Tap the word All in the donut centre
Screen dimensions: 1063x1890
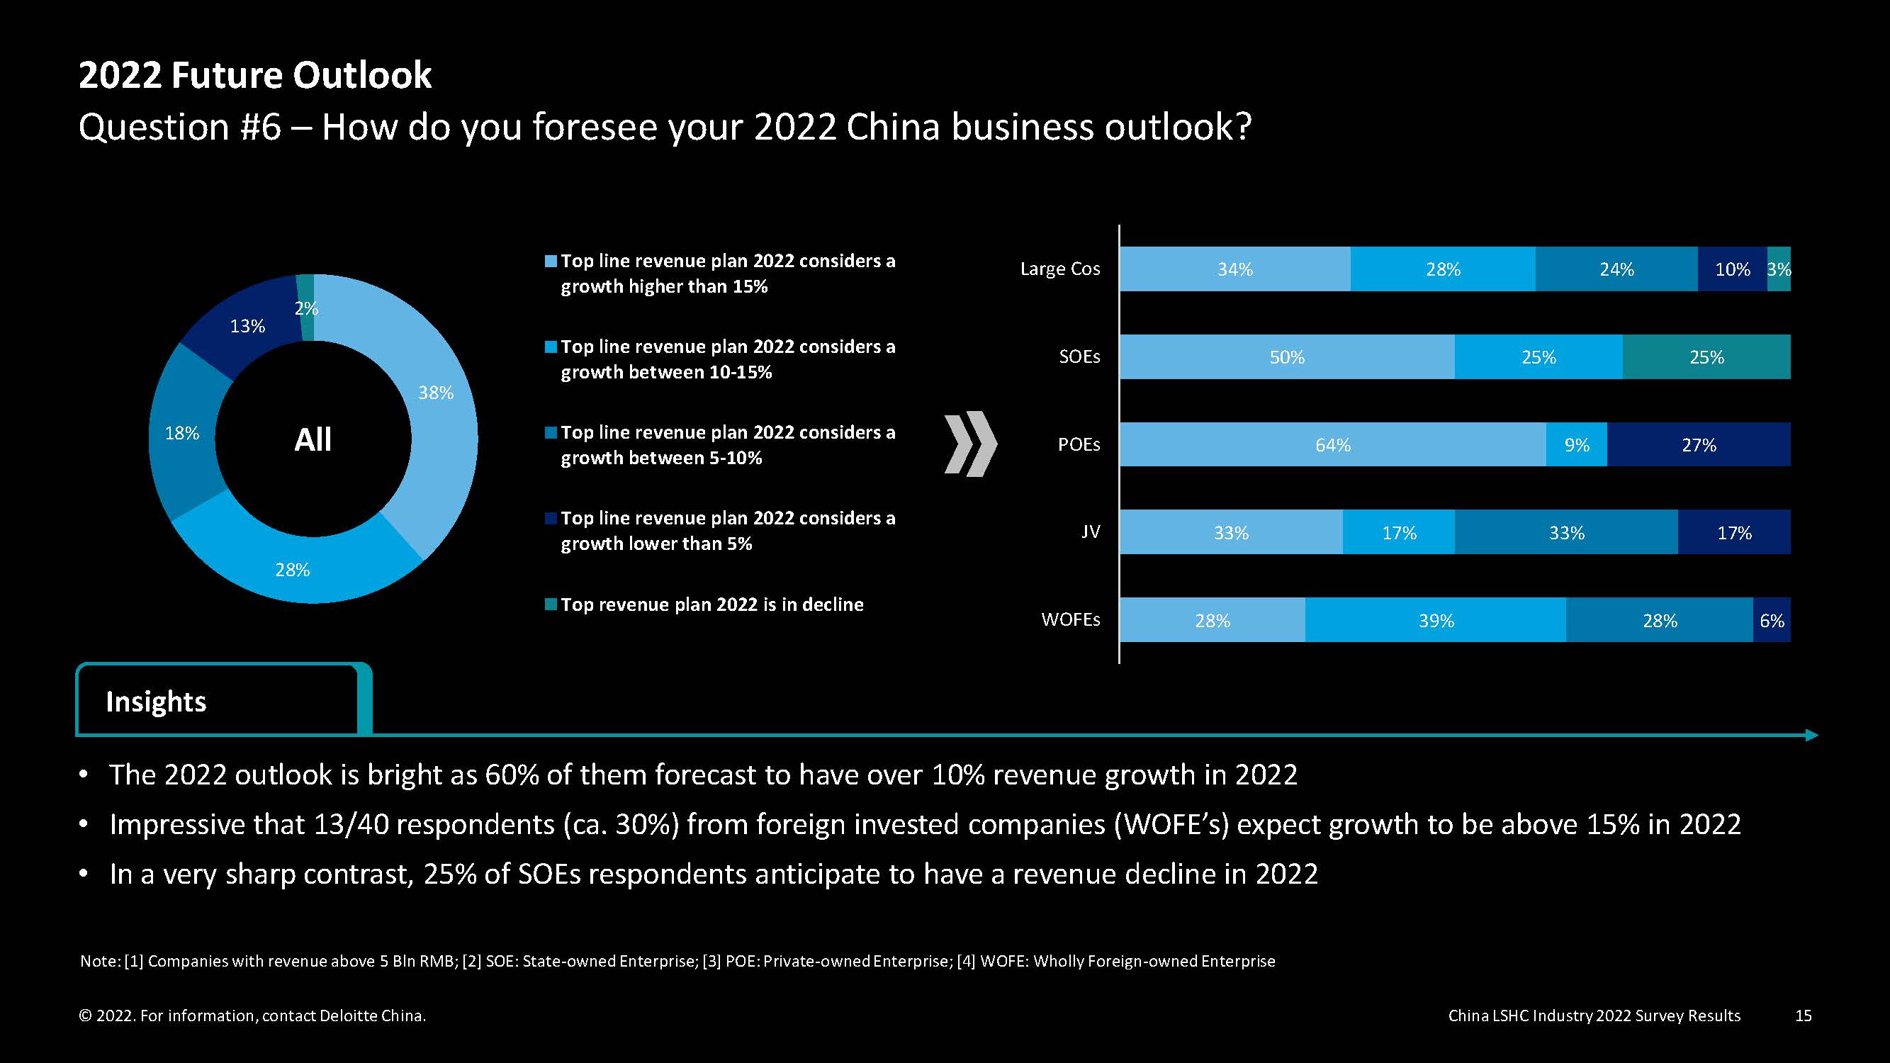pos(313,440)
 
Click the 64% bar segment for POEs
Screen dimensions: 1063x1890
pos(1332,444)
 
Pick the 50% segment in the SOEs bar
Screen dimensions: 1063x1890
pos(1287,357)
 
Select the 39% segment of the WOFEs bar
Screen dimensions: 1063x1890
pos(1436,621)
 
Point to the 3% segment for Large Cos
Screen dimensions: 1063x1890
pos(1779,269)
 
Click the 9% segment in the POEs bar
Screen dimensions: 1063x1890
pos(1576,444)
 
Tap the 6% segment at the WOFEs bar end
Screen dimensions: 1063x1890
pos(1772,621)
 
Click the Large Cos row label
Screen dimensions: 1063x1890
pos(1060,269)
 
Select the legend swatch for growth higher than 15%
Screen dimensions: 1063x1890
pos(551,262)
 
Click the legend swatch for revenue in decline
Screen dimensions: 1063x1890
pos(551,604)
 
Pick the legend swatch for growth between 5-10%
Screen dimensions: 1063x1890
pos(551,433)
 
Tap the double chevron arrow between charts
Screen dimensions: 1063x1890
pos(971,444)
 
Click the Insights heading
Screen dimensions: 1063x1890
pos(157,702)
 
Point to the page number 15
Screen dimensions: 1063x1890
pos(1803,1016)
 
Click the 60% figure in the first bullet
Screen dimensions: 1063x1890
pos(512,775)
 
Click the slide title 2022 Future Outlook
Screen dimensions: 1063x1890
pos(255,76)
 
